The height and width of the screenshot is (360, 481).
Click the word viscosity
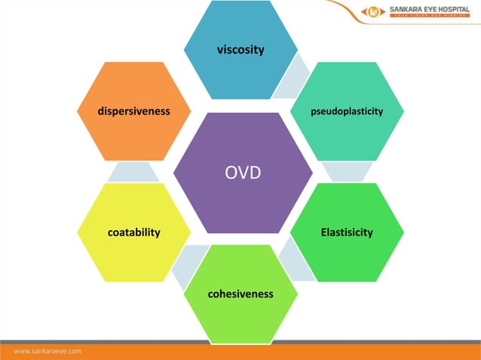coord(240,50)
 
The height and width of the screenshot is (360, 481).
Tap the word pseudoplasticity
coord(347,111)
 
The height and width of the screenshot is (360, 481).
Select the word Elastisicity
coord(347,232)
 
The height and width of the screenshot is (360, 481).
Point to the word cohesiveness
coord(240,293)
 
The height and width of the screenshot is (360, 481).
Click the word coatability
coord(133,232)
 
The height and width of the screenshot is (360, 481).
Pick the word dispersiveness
coord(133,111)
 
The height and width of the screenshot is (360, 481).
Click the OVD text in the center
coord(243,172)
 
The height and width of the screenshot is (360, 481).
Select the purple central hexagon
coord(243,196)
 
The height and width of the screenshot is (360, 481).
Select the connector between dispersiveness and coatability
coord(133,172)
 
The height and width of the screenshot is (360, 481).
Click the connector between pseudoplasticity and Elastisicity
coord(347,172)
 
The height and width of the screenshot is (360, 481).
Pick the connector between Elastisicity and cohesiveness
coord(294,264)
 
